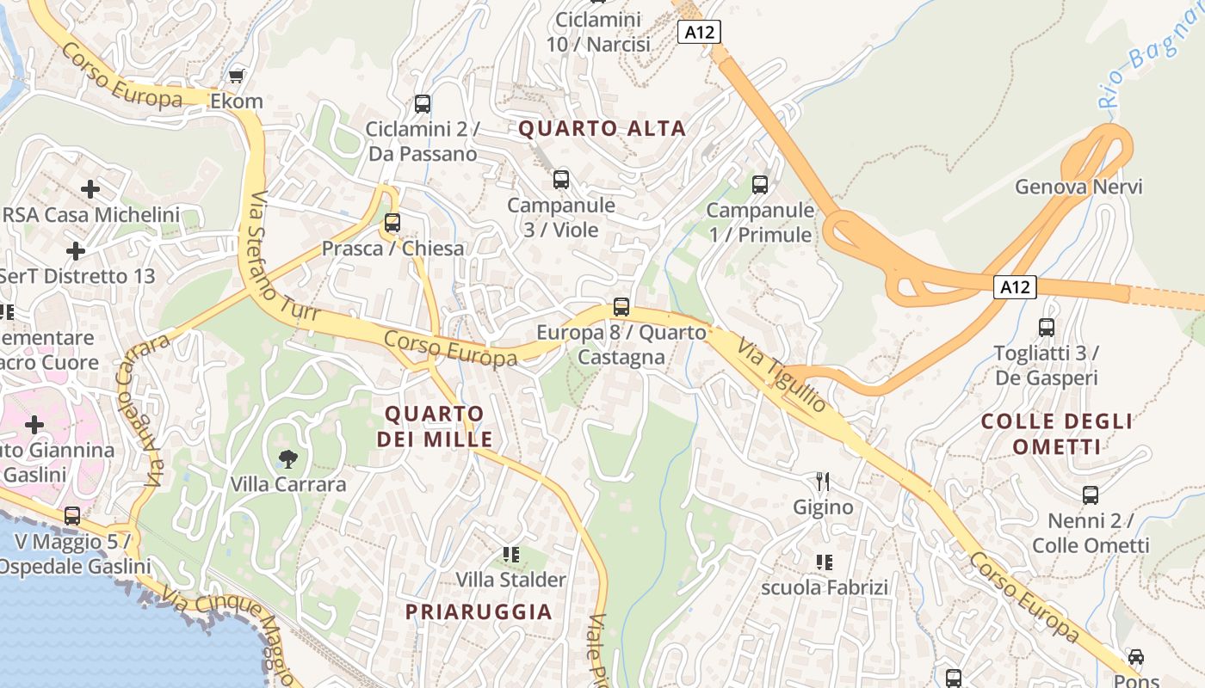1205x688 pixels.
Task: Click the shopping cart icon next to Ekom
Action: click(237, 77)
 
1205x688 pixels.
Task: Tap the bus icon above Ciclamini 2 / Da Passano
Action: click(422, 104)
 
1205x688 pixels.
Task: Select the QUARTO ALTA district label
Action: click(602, 129)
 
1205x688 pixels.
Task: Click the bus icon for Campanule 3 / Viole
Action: click(561, 180)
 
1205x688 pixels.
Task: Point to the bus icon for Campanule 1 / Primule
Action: click(759, 185)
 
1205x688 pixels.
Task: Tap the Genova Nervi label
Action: click(1078, 187)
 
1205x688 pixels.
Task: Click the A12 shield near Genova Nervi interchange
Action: click(1015, 287)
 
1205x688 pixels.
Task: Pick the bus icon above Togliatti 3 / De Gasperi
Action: click(1047, 328)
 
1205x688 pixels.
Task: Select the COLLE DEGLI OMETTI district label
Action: click(1057, 433)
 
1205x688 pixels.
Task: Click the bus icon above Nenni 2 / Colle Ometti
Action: click(1091, 495)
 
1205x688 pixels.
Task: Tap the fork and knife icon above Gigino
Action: click(823, 482)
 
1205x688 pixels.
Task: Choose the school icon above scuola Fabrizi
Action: click(824, 562)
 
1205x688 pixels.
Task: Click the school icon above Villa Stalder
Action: click(511, 555)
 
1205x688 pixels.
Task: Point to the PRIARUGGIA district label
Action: click(479, 611)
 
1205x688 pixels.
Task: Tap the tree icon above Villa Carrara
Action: click(288, 459)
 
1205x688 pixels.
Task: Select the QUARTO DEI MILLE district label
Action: click(435, 427)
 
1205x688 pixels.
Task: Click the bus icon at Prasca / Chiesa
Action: click(392, 224)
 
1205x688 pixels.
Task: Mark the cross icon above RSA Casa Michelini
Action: click(90, 189)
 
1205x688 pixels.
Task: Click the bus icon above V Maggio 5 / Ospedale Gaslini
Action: click(72, 516)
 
